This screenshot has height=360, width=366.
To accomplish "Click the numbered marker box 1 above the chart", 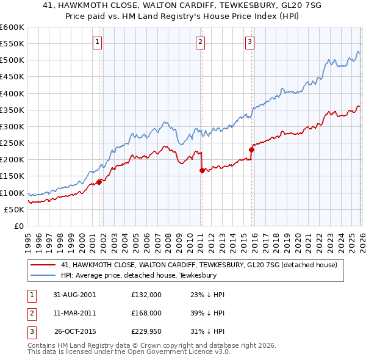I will [x=98, y=41].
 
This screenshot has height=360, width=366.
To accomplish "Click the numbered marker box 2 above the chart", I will [x=200, y=41].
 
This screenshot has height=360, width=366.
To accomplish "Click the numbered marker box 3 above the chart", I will [x=250, y=41].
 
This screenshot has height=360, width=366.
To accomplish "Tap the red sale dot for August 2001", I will [x=99, y=181].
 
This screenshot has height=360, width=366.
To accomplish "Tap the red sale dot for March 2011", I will [x=201, y=170].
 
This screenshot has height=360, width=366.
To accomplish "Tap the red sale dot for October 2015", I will [x=251, y=149].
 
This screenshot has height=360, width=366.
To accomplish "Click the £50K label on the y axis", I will [x=15, y=209].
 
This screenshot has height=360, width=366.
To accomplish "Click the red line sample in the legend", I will [x=43, y=265].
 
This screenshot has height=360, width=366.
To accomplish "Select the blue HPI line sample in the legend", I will [x=43, y=275].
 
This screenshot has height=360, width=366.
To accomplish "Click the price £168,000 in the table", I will [x=146, y=313].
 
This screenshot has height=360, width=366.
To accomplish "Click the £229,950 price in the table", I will [x=146, y=332].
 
